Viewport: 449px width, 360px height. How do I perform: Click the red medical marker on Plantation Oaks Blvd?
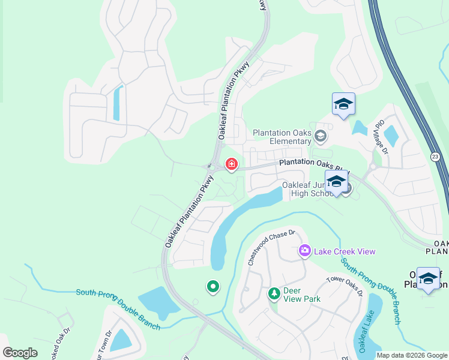[231, 164]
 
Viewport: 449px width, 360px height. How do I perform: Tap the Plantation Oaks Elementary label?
[282, 137]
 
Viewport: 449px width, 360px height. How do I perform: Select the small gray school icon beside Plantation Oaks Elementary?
[321, 137]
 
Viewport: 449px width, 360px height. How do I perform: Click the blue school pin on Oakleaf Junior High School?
[336, 182]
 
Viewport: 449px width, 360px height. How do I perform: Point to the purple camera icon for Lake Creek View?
[304, 251]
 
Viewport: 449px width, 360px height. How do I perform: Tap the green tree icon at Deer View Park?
[274, 293]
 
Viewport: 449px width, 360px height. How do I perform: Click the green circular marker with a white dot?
[212, 287]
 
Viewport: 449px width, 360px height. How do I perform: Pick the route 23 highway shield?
[435, 156]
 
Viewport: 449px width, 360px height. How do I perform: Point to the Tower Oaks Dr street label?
[345, 286]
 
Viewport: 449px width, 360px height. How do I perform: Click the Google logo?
[20, 353]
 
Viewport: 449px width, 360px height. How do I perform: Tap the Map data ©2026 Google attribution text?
[412, 355]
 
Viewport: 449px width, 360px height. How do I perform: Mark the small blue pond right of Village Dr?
[391, 136]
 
